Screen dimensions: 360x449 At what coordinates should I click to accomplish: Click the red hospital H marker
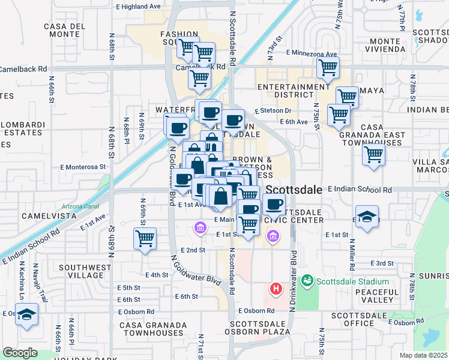point(276,289)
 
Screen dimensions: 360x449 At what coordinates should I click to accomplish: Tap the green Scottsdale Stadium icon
point(307,280)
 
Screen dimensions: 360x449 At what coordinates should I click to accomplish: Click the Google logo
point(20,353)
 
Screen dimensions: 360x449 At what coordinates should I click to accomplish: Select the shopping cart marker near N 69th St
point(145,239)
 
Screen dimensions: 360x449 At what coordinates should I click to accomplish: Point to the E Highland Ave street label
point(137,6)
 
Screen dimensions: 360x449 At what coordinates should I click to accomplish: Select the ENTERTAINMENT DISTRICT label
point(294,91)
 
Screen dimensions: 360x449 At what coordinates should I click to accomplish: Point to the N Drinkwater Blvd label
point(294,279)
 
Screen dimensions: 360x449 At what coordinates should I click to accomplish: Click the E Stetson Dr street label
point(273,111)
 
